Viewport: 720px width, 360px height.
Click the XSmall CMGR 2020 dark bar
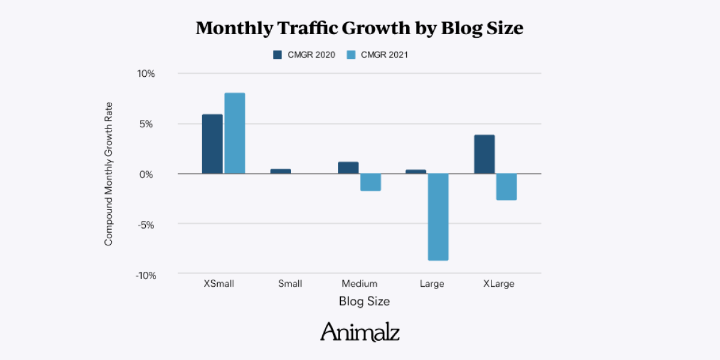pyautogui.click(x=212, y=144)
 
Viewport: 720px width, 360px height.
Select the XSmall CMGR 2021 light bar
pyautogui.click(x=235, y=133)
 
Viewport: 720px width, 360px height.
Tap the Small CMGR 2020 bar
pyautogui.click(x=280, y=171)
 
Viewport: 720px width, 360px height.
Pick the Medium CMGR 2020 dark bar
pyautogui.click(x=348, y=168)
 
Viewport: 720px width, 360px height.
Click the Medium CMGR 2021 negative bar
pyautogui.click(x=371, y=182)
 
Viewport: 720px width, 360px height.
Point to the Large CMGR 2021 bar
pyautogui.click(x=439, y=217)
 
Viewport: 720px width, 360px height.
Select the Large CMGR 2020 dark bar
pyautogui.click(x=416, y=172)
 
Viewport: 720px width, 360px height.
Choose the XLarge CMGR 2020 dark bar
pyautogui.click(x=484, y=154)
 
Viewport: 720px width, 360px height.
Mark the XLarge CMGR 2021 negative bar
pyautogui.click(x=506, y=187)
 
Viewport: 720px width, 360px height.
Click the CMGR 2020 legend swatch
pyautogui.click(x=278, y=55)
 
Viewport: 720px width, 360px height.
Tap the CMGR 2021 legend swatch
pyautogui.click(x=352, y=55)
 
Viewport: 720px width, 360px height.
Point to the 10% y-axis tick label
pyautogui.click(x=146, y=74)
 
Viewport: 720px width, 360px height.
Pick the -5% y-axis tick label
pyautogui.click(x=146, y=225)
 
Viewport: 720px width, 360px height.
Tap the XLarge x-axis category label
pyautogui.click(x=499, y=284)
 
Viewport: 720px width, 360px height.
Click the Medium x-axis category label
pyautogui.click(x=359, y=284)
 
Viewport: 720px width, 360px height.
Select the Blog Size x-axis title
pyautogui.click(x=364, y=301)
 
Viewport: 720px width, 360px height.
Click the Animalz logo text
pyautogui.click(x=360, y=331)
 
